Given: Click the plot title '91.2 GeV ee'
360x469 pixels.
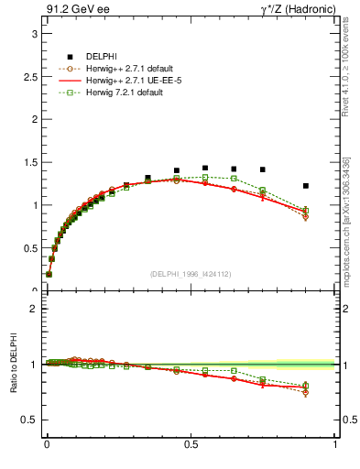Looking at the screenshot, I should [x=75, y=10].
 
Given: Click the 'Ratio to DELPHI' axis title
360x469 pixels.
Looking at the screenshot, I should [x=12, y=364].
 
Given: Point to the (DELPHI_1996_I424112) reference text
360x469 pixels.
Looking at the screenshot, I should [x=191, y=274].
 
